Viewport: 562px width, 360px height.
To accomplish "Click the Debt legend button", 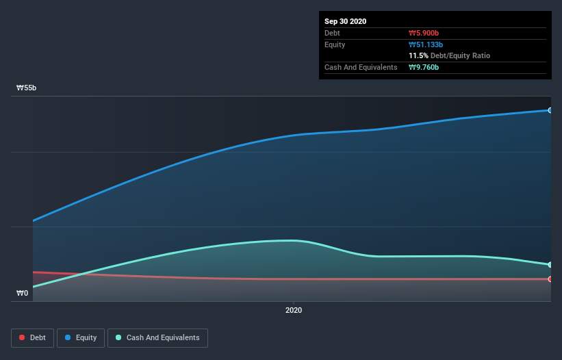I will pyautogui.click(x=32, y=337).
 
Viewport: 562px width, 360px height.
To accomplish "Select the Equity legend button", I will pyautogui.click(x=81, y=337).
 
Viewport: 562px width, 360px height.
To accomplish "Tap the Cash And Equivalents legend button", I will pyautogui.click(x=157, y=337).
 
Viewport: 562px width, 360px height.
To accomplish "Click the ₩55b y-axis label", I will pyautogui.click(x=27, y=88).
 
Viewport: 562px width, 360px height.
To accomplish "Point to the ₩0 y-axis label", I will pyautogui.click(x=23, y=293).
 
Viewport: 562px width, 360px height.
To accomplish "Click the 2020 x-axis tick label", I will pyautogui.click(x=293, y=310).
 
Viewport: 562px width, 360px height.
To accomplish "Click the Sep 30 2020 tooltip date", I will pyautogui.click(x=345, y=21).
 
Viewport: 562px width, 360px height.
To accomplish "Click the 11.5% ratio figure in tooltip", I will pyautogui.click(x=418, y=55).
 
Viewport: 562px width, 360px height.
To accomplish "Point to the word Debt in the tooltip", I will pyautogui.click(x=333, y=33).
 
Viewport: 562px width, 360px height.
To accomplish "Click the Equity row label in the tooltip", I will pyautogui.click(x=335, y=44).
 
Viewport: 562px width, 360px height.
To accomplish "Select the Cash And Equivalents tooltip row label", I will pyautogui.click(x=361, y=67).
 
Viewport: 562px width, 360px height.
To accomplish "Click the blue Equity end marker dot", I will pyautogui.click(x=550, y=110).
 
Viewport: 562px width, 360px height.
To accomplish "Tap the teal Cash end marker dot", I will pyautogui.click(x=550, y=265).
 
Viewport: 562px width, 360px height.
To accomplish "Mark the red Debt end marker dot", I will pyautogui.click(x=550, y=279).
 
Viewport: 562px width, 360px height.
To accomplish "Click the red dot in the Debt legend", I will pyautogui.click(x=23, y=337).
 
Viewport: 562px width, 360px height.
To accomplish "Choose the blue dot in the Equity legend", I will pyautogui.click(x=68, y=337).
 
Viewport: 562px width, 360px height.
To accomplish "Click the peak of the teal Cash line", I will pyautogui.click(x=291, y=240).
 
